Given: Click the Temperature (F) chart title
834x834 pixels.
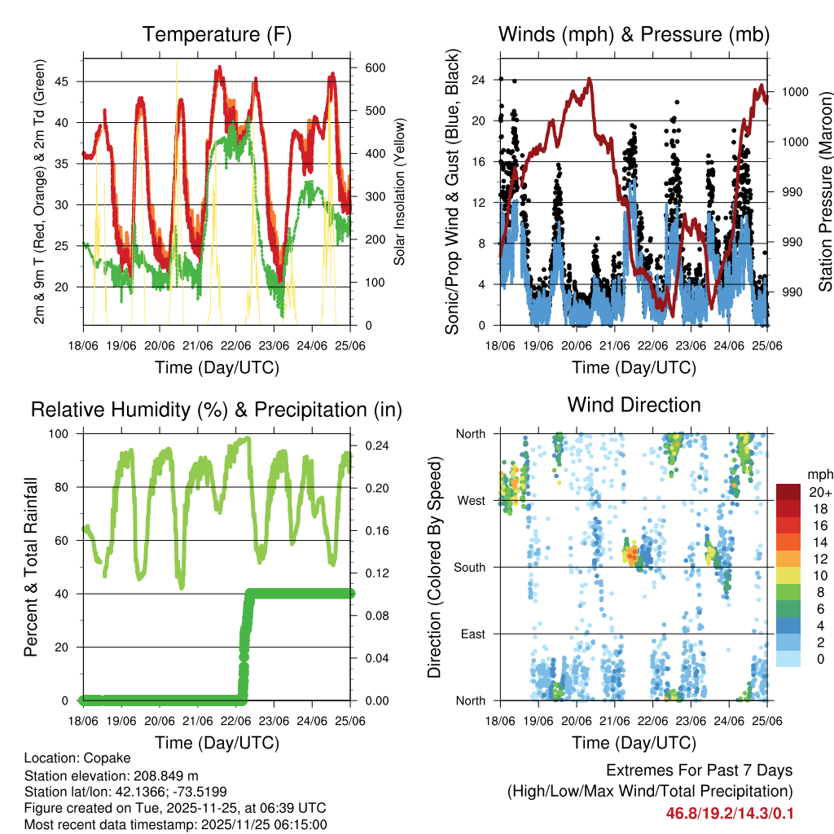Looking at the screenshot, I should pyautogui.click(x=217, y=35).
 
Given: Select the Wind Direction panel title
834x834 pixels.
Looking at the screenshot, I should pyautogui.click(x=634, y=405).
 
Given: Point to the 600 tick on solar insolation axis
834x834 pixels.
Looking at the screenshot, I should pyautogui.click(x=374, y=68).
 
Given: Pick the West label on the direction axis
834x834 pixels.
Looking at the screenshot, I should pyautogui.click(x=471, y=500).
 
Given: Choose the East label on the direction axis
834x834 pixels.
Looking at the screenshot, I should pyautogui.click(x=472, y=634).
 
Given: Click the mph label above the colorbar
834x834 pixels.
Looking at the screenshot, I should pyautogui.click(x=817, y=474).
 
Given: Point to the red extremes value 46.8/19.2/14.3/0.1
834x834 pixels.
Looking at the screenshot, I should pyautogui.click(x=730, y=814).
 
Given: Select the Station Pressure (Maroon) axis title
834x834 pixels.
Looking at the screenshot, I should pyautogui.click(x=824, y=191).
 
